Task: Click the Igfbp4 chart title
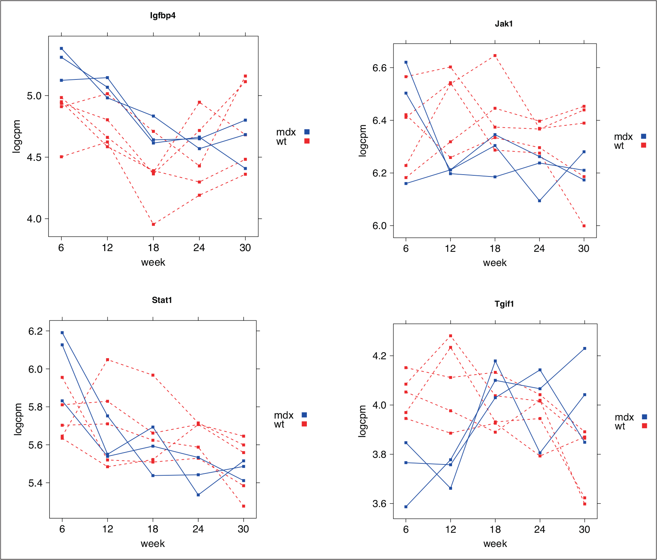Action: [x=163, y=16]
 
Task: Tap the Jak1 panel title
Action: [x=504, y=24]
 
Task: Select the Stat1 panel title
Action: [x=162, y=300]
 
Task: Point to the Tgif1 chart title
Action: [x=504, y=304]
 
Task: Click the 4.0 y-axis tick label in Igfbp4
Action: [x=34, y=219]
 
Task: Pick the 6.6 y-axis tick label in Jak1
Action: [x=380, y=68]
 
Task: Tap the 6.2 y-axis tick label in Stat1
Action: [x=35, y=331]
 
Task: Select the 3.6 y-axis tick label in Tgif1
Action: [x=380, y=504]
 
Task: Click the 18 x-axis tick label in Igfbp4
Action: [x=153, y=248]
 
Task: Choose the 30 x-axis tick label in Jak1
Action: [x=584, y=248]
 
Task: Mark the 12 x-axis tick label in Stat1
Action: [x=108, y=529]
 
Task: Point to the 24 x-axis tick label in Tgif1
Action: [x=540, y=529]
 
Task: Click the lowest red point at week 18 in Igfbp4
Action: [x=153, y=224]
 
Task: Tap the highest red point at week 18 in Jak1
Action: [x=495, y=56]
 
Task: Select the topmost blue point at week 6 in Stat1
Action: [x=62, y=332]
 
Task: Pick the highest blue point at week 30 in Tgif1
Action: [x=585, y=348]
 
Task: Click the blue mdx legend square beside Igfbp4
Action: [x=307, y=132]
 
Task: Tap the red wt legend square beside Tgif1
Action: [x=644, y=426]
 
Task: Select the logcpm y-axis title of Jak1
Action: [x=362, y=140]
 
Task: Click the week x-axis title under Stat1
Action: [x=153, y=544]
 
